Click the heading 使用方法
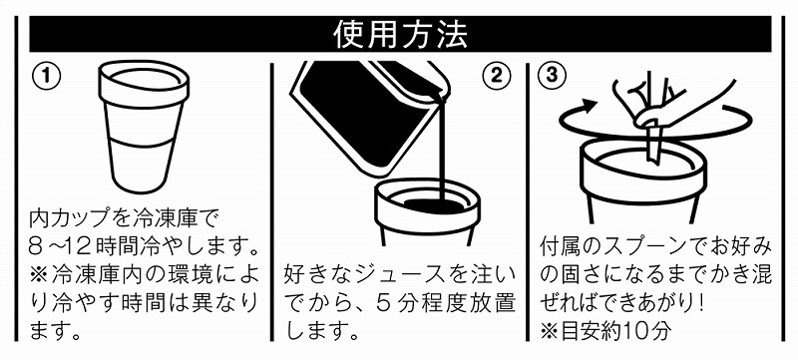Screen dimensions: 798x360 (400, 34)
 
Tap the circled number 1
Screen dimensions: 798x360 (47, 76)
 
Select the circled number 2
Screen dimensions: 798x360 (496, 76)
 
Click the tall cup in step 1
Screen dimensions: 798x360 (144, 126)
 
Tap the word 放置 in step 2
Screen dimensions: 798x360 (495, 303)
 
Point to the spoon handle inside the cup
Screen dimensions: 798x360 (653, 145)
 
